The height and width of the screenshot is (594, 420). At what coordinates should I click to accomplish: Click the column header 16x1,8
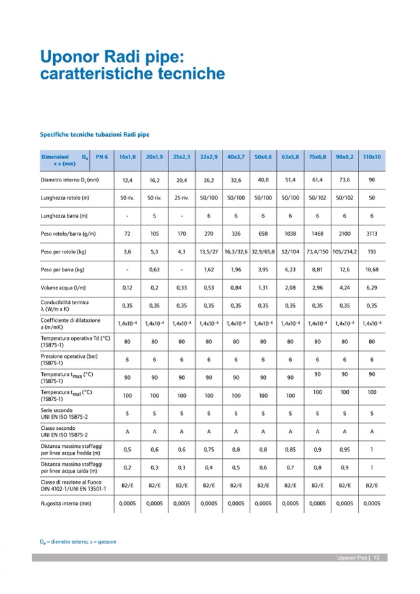pyautogui.click(x=128, y=157)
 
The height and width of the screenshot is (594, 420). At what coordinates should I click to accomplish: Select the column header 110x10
pyautogui.click(x=372, y=157)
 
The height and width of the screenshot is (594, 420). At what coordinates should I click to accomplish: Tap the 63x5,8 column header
pyautogui.click(x=290, y=157)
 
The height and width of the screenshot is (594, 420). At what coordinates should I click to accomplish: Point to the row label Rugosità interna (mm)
pyautogui.click(x=66, y=504)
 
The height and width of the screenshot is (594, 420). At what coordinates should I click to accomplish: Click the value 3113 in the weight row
pyautogui.click(x=372, y=234)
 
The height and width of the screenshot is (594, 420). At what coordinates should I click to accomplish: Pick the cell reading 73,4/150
pyautogui.click(x=317, y=252)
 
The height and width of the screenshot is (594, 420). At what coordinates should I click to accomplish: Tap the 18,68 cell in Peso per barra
pyautogui.click(x=372, y=270)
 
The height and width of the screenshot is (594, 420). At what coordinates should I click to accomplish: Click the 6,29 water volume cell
pyautogui.click(x=372, y=288)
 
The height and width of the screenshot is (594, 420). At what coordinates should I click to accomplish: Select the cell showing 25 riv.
pyautogui.click(x=182, y=198)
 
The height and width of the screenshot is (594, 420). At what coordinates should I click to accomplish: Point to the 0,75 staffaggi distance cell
pyautogui.click(x=209, y=450)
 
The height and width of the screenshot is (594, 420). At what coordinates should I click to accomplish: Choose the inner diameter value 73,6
pyautogui.click(x=344, y=180)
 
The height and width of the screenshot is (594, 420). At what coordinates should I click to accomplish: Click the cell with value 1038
pyautogui.click(x=290, y=234)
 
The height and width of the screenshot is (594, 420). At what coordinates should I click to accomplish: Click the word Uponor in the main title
pyautogui.click(x=67, y=57)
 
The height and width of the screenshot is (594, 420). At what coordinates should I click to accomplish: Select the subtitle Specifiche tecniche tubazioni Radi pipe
pyautogui.click(x=95, y=133)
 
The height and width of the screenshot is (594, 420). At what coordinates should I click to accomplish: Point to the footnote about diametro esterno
pyautogui.click(x=77, y=542)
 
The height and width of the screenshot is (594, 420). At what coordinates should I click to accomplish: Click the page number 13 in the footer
pyautogui.click(x=376, y=558)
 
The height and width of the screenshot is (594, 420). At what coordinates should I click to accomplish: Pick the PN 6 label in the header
pyautogui.click(x=102, y=157)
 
